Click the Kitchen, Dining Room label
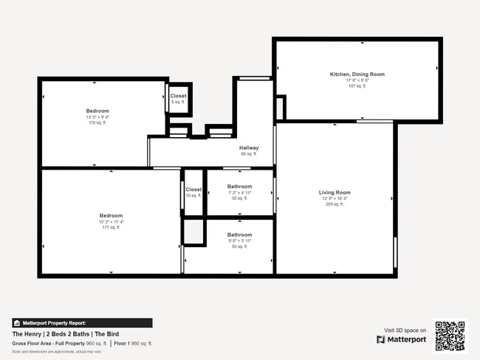357,75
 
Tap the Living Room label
334,193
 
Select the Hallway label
249,148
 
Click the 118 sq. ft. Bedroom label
97,111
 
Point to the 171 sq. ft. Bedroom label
111,215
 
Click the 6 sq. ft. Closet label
178,96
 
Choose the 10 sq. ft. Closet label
193,190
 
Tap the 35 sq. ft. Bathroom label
239,187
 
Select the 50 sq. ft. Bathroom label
239,235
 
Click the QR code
450,336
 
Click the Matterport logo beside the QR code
402,339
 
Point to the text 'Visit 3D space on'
405,330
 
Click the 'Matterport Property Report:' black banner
82,323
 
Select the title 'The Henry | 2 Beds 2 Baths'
52,334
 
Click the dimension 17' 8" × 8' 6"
357,80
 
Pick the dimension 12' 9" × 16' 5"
334,198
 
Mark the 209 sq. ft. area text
334,204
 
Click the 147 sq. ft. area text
357,86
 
